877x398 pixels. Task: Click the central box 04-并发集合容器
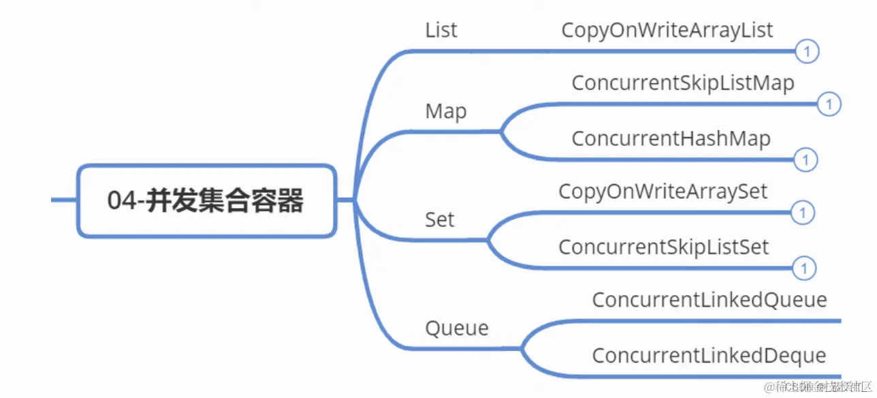(206, 201)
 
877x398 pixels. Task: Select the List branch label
(441, 31)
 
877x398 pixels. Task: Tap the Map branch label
(446, 111)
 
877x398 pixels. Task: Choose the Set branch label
(440, 220)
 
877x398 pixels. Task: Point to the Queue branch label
(457, 328)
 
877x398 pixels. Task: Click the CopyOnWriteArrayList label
(667, 31)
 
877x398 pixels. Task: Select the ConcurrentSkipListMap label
(683, 83)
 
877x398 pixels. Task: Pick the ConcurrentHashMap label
(671, 138)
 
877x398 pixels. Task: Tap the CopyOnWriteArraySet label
(663, 192)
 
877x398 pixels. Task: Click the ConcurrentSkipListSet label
(663, 247)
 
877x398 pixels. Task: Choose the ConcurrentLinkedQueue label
(709, 300)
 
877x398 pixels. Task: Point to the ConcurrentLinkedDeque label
(709, 355)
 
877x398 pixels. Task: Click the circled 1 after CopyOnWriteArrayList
(807, 51)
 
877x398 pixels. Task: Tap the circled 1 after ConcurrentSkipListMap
(829, 105)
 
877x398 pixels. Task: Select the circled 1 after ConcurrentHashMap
(806, 160)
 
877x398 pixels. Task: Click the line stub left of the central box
(64, 200)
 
